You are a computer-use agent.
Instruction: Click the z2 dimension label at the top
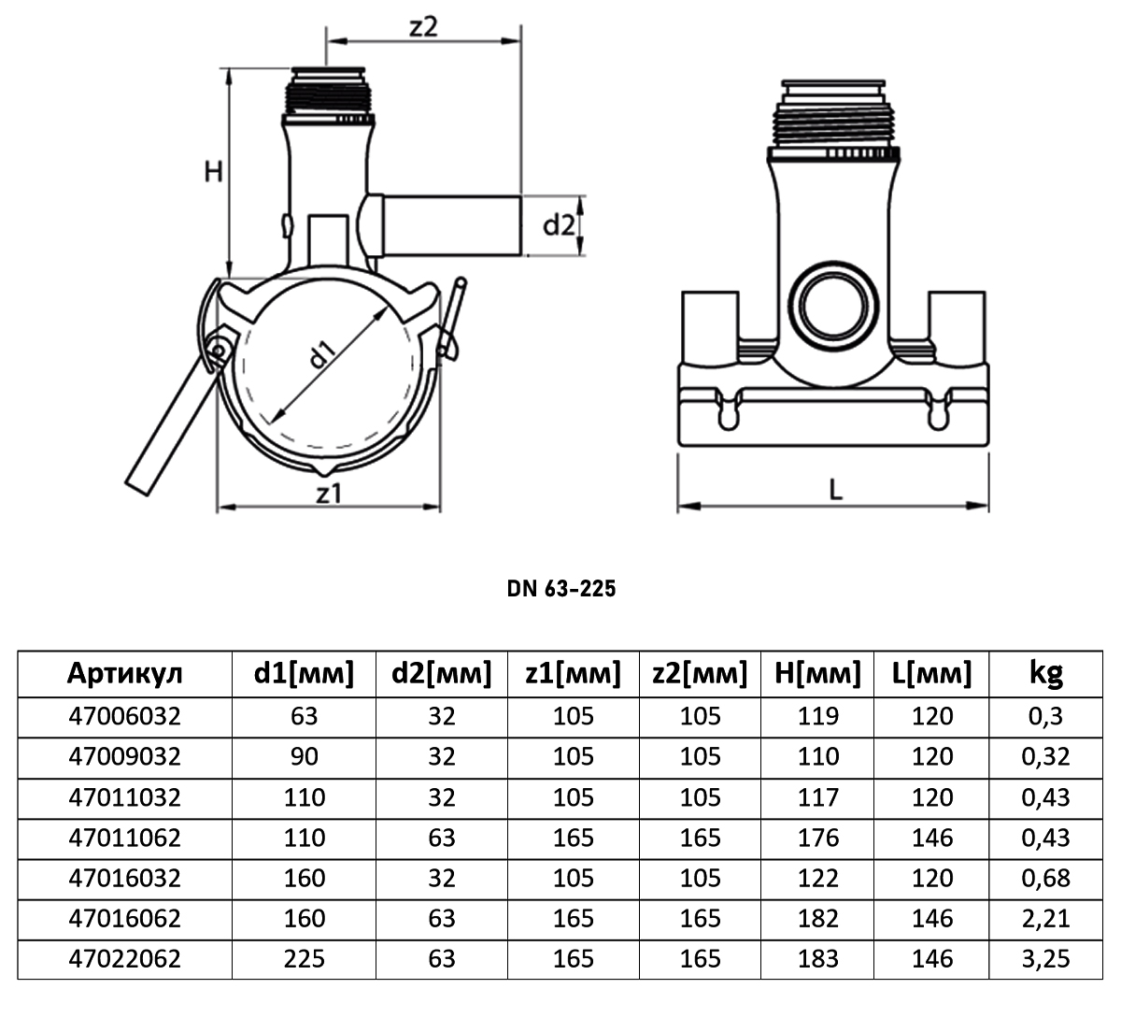pos(423,26)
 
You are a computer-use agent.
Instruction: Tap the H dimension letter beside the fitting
pos(214,172)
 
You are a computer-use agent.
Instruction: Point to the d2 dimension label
pos(559,225)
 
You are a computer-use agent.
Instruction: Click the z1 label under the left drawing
pos(329,494)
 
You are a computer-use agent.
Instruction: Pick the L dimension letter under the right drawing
pos(835,491)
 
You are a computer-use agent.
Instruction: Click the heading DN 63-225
pos(561,588)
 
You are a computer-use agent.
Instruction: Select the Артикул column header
pos(124,673)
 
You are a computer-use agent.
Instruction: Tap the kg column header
pos(1045,674)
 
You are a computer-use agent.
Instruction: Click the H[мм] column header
pos(817,673)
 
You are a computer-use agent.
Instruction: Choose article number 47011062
pos(124,838)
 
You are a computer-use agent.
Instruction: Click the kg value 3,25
pos(1045,959)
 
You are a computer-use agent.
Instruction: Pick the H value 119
pos(818,716)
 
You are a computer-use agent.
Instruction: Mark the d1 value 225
pos(304,959)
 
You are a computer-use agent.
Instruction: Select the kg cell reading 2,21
pos(1045,918)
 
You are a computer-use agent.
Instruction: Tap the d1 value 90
pos(304,756)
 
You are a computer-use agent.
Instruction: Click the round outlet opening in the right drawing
pos(833,306)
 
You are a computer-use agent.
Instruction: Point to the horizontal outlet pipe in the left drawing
pos(451,225)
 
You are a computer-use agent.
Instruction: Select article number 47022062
pos(124,959)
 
